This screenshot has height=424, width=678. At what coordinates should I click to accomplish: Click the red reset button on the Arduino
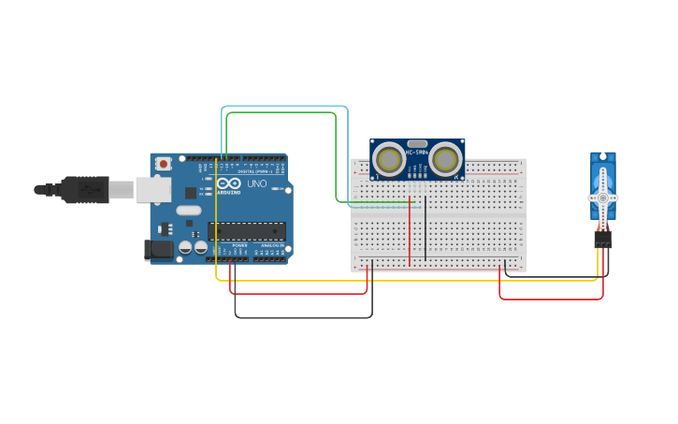pos(164,164)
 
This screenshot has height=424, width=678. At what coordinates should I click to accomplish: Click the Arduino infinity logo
pos(228,183)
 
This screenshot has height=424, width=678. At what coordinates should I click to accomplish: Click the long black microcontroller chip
pos(247,230)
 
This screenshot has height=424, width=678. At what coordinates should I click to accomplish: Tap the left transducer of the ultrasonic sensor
pos(388,159)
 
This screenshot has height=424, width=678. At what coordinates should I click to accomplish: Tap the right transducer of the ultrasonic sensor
pos(446,159)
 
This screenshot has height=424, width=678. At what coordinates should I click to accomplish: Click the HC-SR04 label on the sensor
pos(417,153)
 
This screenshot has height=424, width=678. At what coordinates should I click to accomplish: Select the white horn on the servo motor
pos(603,197)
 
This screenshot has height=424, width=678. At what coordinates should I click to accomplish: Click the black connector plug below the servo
pos(603,241)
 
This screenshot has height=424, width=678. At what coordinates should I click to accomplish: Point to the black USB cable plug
pos(84,190)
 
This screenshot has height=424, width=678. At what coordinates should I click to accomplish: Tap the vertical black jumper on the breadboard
pos(426,229)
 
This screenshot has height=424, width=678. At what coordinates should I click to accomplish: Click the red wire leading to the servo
pos(552,300)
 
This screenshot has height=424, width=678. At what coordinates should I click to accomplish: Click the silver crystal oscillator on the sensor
pos(417,143)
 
